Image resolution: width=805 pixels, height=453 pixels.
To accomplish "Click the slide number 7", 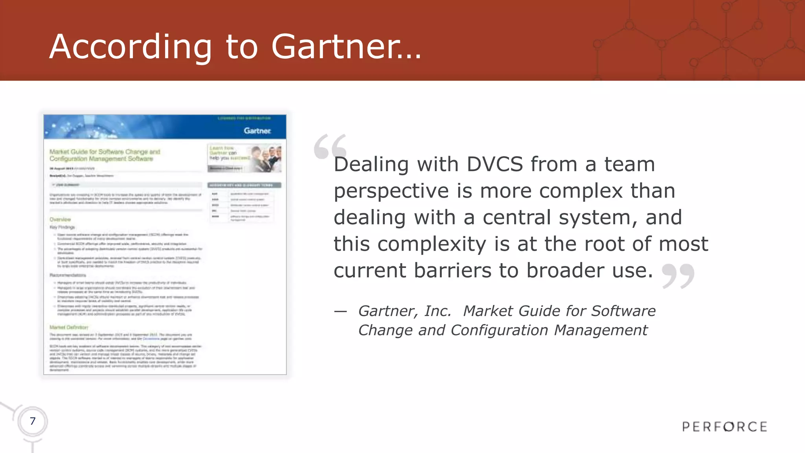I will point(33,421).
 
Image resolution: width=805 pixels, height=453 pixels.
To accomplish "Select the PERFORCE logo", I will point(724,427).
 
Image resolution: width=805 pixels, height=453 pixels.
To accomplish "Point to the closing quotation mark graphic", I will point(678,275).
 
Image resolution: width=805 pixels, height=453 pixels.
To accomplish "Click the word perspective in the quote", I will point(391,191).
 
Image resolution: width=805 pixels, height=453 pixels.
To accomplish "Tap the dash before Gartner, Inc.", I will point(340,312).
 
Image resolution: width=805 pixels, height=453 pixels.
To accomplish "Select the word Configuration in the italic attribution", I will point(499,330).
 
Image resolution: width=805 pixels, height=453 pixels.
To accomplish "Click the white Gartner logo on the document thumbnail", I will point(257,131).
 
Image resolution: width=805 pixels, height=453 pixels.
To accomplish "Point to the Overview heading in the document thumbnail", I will point(60,219).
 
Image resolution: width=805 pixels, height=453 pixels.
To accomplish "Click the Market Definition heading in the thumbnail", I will point(69,327).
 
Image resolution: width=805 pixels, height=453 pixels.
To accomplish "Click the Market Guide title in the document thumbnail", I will point(105,155).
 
